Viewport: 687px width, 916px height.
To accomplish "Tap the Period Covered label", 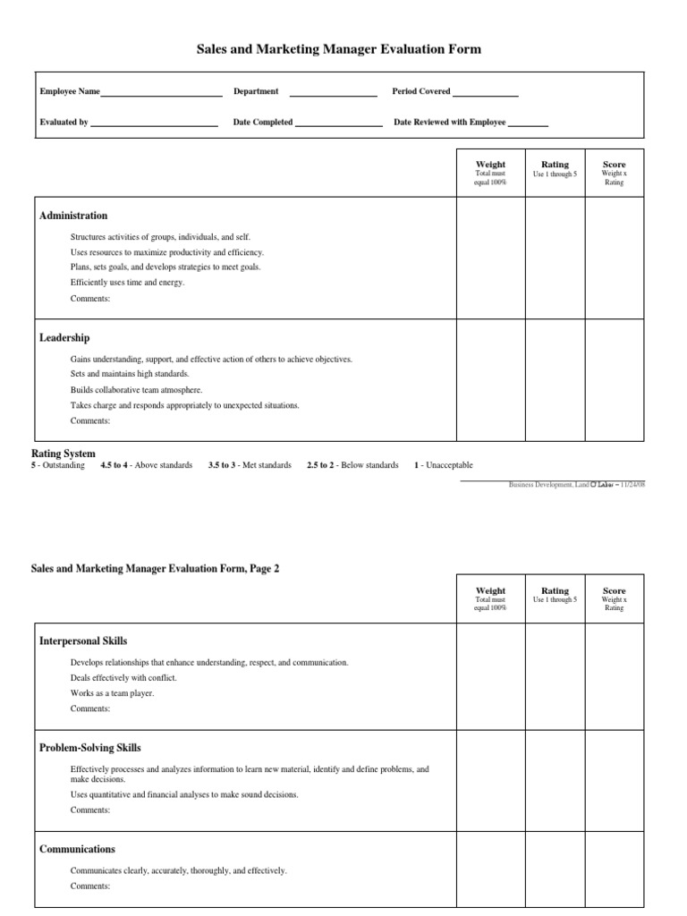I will [421, 91].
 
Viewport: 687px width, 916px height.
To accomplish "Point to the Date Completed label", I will [263, 123].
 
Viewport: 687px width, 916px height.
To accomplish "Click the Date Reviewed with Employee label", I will [450, 123].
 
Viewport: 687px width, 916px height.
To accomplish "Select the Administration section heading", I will [73, 216].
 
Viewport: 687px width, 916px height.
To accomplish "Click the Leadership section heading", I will [64, 338].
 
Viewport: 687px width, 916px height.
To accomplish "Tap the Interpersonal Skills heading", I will [83, 641].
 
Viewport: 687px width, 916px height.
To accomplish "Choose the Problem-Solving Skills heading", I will [90, 748].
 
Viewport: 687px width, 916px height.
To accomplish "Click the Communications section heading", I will [78, 849].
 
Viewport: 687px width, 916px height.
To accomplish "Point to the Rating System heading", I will [63, 454].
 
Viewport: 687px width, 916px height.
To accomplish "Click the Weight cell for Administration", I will [490, 258].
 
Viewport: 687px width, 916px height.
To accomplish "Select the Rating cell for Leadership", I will [555, 379].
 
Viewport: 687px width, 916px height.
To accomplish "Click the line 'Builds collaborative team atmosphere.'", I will [137, 390].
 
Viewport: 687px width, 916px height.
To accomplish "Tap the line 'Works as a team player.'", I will [113, 693].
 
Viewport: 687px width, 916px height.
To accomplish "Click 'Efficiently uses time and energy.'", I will [128, 283].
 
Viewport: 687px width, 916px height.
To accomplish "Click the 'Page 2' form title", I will [156, 569].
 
